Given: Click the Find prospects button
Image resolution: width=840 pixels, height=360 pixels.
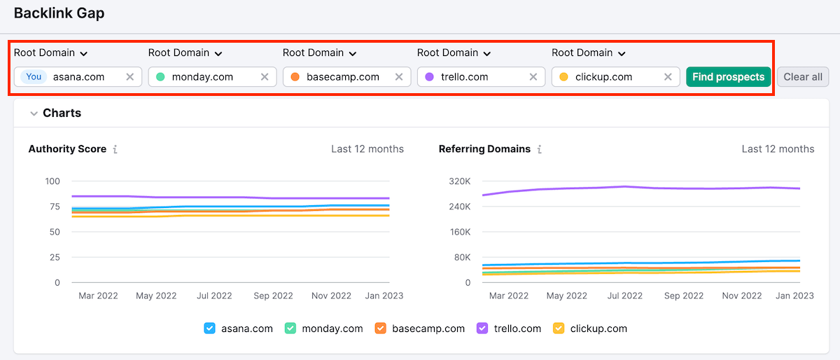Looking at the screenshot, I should (x=728, y=77).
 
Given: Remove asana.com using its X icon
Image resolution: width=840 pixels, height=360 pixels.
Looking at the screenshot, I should (x=129, y=77).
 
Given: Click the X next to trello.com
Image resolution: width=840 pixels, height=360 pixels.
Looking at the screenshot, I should (x=533, y=77).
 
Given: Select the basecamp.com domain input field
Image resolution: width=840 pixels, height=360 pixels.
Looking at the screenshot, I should (x=343, y=77).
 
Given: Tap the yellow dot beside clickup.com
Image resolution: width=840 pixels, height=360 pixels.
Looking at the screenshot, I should (x=563, y=77).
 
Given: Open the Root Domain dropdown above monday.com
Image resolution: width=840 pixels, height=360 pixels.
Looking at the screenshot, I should (x=185, y=53).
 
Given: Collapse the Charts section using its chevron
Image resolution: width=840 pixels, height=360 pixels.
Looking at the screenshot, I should (x=34, y=113).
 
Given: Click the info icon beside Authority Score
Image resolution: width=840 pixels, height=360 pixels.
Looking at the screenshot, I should (x=115, y=149).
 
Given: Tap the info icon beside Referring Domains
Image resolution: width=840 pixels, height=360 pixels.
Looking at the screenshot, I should (x=540, y=149).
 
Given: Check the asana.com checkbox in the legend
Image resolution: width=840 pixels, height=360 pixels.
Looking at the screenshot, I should (x=209, y=328).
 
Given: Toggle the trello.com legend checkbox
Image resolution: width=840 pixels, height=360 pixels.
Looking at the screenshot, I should (x=482, y=328).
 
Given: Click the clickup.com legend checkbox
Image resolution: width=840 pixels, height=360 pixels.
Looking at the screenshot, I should (x=559, y=328).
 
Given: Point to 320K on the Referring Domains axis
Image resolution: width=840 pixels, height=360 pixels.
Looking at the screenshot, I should (x=459, y=181).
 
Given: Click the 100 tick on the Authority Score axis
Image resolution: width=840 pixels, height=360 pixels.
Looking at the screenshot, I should (x=52, y=181).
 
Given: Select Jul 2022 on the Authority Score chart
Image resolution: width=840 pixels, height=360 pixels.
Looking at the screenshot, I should (x=214, y=296).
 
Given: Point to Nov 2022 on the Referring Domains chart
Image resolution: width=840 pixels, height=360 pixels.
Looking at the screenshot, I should (x=741, y=296).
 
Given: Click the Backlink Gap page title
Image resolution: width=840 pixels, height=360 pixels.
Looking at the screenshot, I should (x=59, y=13).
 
